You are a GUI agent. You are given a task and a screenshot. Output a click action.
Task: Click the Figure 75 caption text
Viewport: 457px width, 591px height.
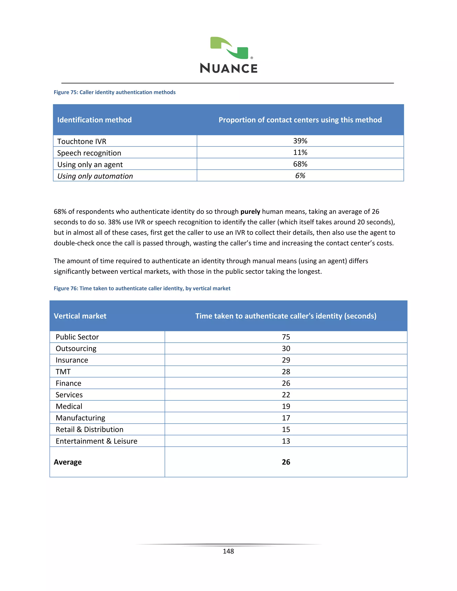click(x=114, y=92)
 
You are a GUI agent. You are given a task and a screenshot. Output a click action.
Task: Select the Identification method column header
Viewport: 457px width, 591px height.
click(x=94, y=120)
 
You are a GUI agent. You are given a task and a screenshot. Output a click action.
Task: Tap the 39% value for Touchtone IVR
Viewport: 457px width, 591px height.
click(x=300, y=141)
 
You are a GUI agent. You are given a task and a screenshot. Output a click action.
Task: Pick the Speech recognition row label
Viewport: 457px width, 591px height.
click(x=89, y=153)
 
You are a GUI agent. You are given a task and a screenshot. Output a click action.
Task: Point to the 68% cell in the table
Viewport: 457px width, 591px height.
click(x=300, y=164)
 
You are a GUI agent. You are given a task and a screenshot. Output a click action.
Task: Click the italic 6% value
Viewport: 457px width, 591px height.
click(x=300, y=176)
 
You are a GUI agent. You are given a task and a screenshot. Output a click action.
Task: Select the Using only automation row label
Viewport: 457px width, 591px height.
click(x=95, y=176)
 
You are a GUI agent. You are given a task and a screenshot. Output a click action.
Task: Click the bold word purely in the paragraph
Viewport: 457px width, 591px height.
click(x=250, y=212)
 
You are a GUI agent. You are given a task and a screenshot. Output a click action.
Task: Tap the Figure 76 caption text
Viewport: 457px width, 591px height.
click(x=142, y=288)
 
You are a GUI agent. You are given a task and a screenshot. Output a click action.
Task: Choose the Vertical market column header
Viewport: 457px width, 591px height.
click(x=80, y=316)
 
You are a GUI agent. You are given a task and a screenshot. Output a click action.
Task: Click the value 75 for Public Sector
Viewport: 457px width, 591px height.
click(x=286, y=337)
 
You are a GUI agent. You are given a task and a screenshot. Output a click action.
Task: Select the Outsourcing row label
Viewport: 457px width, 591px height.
click(x=76, y=349)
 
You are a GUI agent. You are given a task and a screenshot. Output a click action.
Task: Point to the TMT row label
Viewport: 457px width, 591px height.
click(x=63, y=372)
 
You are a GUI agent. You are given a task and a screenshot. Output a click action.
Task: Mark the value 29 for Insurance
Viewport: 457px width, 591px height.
click(x=286, y=360)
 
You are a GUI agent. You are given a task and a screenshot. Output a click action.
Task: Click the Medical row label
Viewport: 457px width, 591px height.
click(x=69, y=406)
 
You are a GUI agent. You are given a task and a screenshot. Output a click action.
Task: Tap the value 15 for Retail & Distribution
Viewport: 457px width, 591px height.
click(x=286, y=430)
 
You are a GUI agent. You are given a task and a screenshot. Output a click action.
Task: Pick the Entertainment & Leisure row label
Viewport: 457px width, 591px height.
click(x=96, y=441)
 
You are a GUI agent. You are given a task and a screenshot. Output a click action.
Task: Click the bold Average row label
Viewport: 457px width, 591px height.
click(x=68, y=462)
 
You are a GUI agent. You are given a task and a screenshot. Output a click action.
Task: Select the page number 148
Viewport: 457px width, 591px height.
click(x=228, y=551)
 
